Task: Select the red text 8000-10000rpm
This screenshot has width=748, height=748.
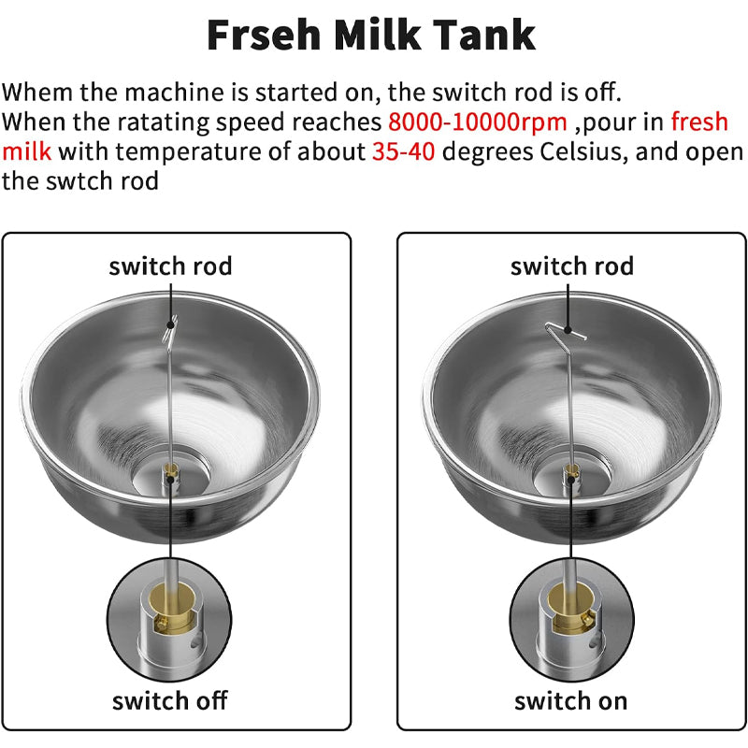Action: (477, 122)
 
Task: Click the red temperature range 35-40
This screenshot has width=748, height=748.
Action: (403, 151)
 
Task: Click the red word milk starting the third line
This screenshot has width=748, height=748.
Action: (26, 151)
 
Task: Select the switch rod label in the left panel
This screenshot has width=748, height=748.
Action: (170, 266)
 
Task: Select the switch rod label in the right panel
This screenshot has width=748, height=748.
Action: (571, 266)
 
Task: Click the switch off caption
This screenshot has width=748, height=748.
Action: (169, 700)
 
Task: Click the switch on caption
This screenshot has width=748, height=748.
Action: (570, 700)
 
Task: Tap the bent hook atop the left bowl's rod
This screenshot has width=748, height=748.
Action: (169, 327)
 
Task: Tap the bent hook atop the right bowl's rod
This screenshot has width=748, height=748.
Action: (564, 328)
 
